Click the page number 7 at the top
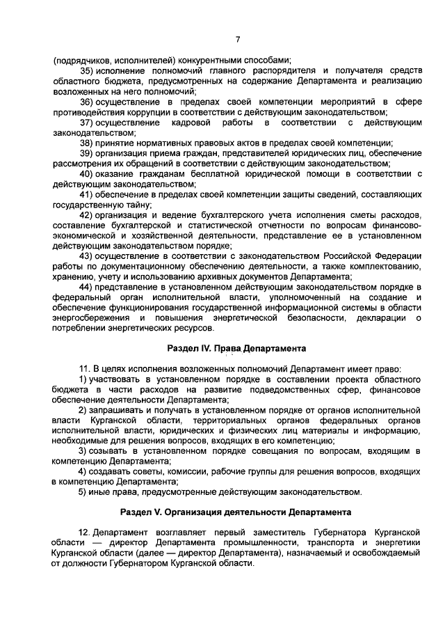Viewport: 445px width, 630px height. tap(237, 39)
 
